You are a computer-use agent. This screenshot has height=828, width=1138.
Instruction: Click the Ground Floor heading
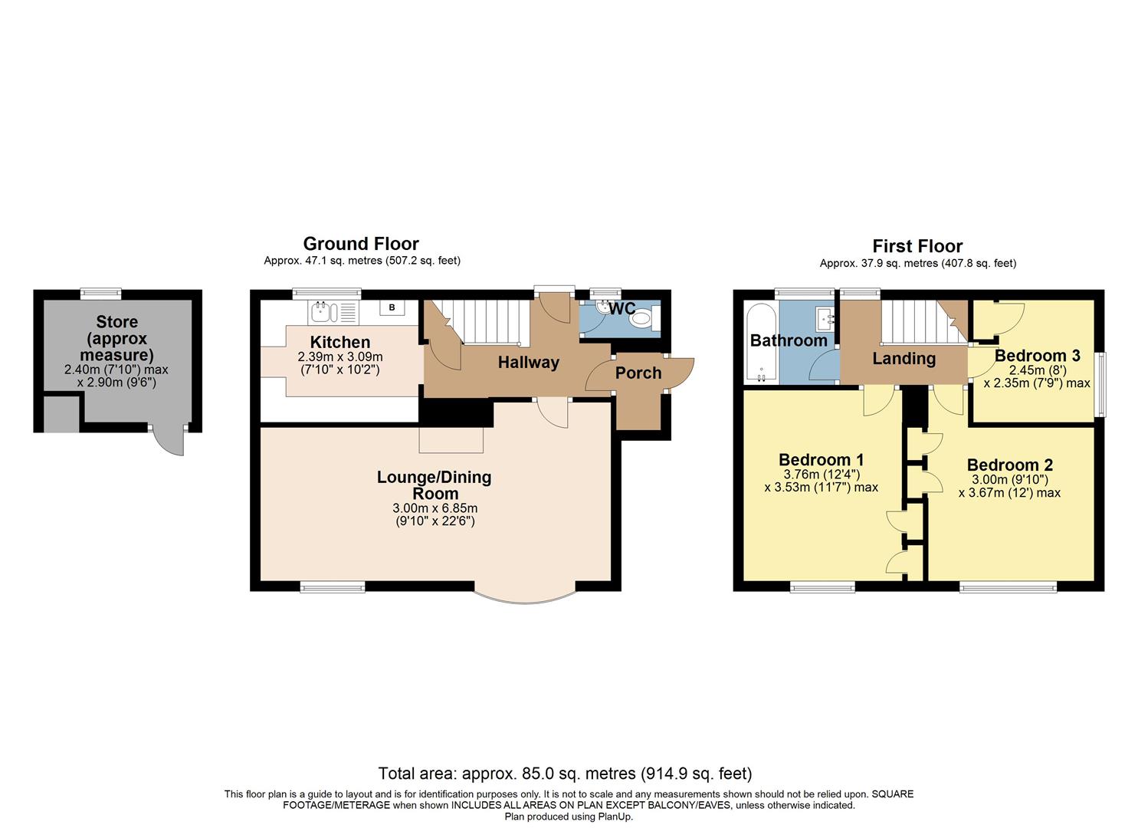360,244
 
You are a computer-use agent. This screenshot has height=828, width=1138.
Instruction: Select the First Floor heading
917,246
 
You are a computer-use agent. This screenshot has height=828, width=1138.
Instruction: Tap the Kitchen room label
339,342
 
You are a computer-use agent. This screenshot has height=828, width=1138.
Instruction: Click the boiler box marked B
392,307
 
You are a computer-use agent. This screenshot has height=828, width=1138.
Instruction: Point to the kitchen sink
320,311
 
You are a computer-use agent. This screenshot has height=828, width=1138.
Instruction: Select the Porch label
638,373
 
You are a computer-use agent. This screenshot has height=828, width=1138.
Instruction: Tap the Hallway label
528,362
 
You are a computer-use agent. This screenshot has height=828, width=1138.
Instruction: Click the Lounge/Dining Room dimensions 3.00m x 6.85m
435,508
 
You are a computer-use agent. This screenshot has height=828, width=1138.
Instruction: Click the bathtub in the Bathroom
761,343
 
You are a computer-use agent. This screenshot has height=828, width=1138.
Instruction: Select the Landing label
904,358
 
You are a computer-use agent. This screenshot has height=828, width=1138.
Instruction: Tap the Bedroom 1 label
821,459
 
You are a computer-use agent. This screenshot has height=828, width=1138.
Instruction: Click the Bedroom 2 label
1009,465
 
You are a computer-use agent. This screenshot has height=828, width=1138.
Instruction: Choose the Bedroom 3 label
1037,355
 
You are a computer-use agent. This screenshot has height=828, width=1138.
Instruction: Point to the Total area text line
565,773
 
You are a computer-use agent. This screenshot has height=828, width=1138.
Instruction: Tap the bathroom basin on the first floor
826,317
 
